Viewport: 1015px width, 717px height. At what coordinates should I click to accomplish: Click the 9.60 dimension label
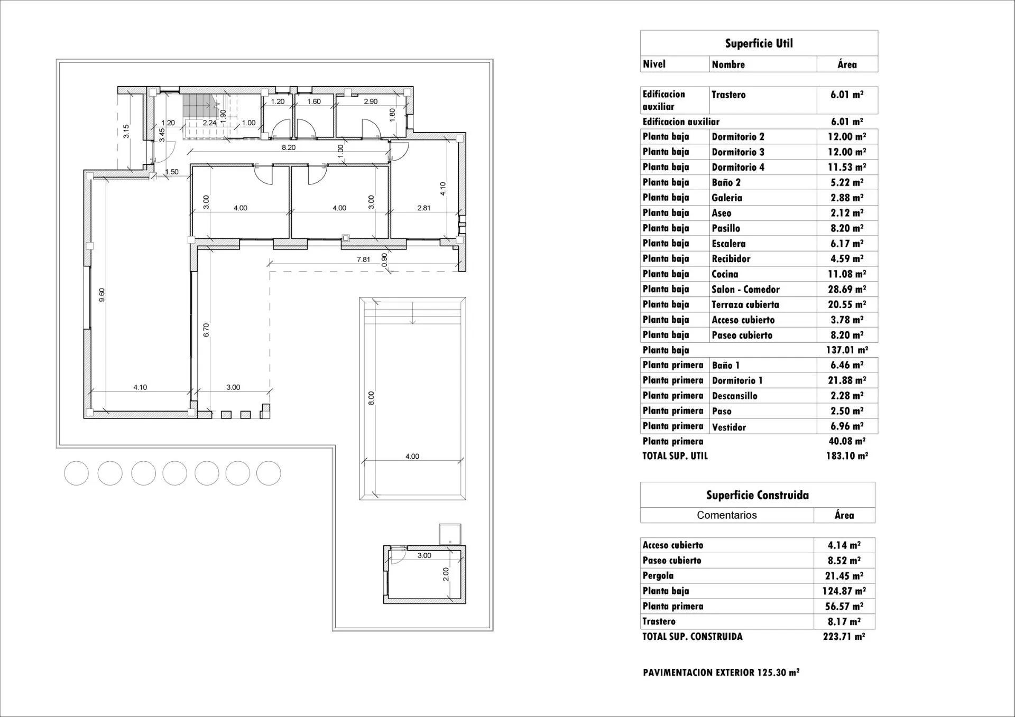102,295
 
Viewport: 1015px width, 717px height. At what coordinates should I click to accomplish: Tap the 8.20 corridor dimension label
289,147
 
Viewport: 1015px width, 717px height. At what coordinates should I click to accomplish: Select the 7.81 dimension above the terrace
363,259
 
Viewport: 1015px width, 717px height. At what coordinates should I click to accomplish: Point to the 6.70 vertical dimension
207,330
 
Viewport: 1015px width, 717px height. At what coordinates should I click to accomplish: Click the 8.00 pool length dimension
371,398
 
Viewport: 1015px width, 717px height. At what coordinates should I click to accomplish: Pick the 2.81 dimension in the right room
423,208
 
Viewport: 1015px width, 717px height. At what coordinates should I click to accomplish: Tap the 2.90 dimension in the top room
371,101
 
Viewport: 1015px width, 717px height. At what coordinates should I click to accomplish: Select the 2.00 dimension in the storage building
446,574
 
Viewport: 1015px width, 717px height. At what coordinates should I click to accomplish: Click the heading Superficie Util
759,43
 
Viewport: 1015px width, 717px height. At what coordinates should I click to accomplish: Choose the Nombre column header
728,64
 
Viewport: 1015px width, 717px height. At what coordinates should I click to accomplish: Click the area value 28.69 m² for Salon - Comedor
846,289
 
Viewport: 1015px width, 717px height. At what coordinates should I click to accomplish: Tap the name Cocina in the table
725,274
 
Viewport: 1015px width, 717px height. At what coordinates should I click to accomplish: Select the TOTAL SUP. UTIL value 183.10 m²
846,455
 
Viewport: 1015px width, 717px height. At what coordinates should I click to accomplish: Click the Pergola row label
658,575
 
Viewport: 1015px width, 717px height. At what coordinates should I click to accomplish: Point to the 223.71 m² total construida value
844,637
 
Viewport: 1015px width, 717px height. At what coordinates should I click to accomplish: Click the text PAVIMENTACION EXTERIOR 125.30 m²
721,673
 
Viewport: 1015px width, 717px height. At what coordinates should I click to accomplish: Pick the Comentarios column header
726,515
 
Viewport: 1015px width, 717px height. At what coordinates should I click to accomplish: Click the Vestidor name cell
728,427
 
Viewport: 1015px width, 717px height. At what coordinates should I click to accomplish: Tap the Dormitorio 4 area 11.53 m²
846,167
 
